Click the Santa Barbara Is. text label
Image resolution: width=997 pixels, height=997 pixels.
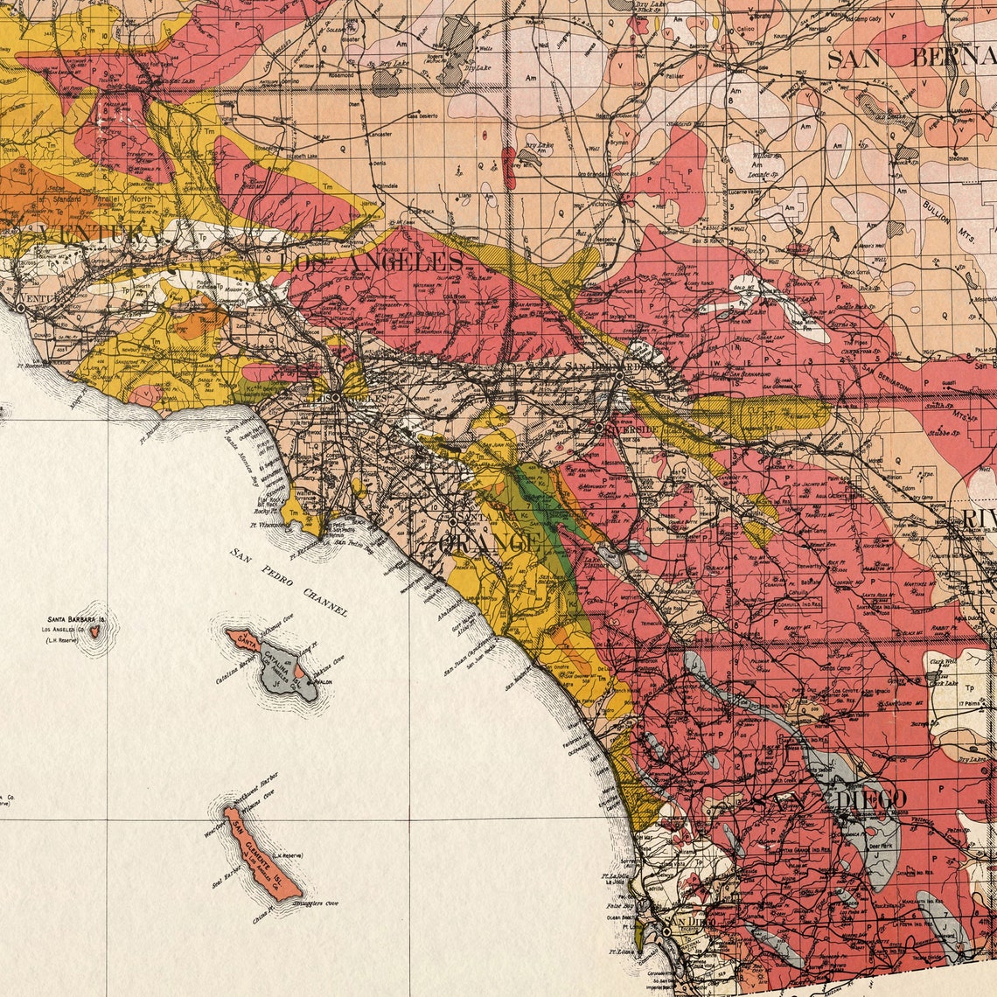click(77, 620)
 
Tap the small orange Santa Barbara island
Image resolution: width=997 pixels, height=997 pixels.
click(95, 628)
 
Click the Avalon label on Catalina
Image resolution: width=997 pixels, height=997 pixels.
click(323, 685)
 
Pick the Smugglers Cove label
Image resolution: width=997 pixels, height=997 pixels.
click(316, 903)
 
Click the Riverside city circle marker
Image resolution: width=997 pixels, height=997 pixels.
click(599, 429)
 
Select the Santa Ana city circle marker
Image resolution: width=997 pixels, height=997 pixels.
click(453, 521)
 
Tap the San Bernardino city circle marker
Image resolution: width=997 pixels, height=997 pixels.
click(619, 375)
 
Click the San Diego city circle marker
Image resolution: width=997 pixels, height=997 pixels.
click(666, 932)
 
